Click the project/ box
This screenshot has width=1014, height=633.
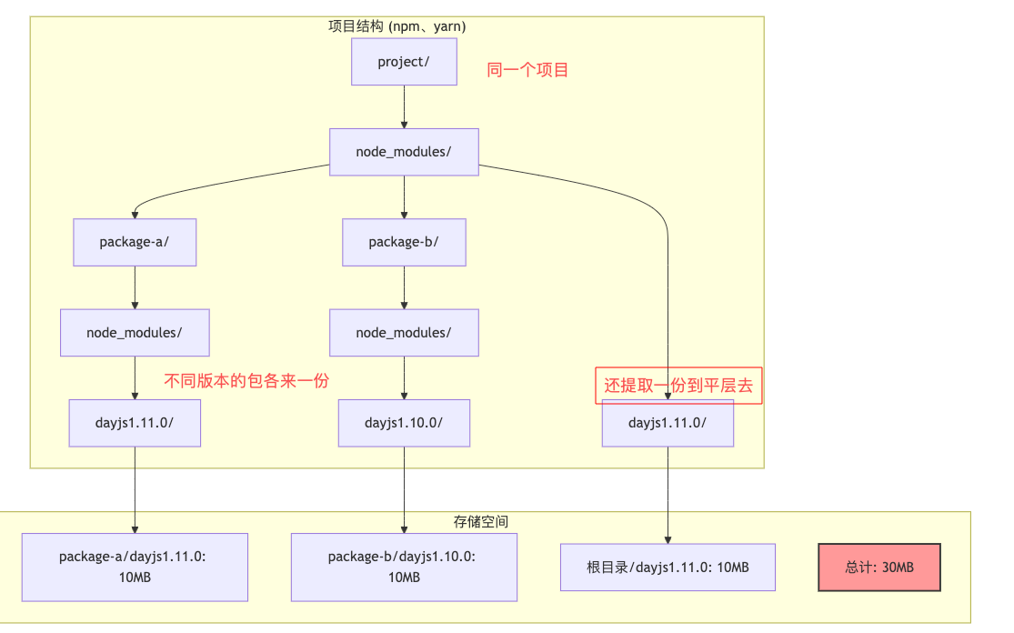404,62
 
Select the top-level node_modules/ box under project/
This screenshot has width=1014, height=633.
404,152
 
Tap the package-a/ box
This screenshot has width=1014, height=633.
135,242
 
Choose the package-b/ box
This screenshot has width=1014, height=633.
404,242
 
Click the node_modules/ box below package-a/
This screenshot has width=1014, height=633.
135,333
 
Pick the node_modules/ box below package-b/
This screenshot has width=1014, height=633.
404,333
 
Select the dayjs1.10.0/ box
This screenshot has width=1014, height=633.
404,423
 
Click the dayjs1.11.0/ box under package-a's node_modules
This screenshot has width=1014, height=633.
135,423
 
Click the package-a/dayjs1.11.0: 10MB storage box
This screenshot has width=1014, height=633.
135,567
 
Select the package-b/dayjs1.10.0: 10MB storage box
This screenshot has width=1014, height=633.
404,567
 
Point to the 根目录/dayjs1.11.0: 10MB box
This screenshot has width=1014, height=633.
668,568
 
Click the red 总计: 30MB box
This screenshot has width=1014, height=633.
879,568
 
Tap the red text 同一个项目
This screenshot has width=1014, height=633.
527,70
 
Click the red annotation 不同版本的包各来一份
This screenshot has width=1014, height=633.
246,381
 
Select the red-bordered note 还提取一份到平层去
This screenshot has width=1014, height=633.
678,386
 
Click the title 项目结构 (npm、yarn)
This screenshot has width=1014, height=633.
397,26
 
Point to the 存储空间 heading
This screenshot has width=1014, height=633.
480,522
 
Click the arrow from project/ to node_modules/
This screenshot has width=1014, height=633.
404,107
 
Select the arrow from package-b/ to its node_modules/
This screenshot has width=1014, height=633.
404,287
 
